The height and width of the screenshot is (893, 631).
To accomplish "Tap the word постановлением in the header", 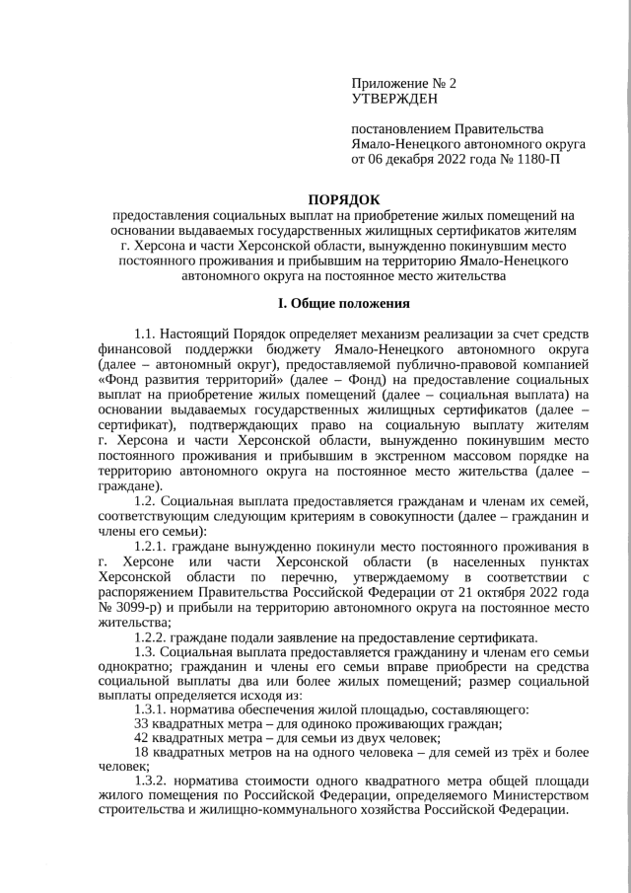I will (x=400, y=127).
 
